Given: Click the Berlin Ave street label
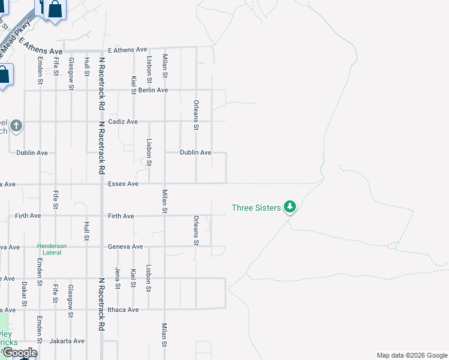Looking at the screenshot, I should click(x=153, y=90).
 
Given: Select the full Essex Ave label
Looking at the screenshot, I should click(x=123, y=184).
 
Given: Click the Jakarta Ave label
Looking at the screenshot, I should click(x=67, y=341).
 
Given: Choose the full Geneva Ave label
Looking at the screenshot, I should click(x=125, y=247).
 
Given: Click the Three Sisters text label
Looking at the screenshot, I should click(x=256, y=208).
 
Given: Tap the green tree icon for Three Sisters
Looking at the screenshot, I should click(x=291, y=207).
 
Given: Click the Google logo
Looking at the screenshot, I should click(x=20, y=352).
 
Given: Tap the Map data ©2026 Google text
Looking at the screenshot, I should click(x=411, y=355).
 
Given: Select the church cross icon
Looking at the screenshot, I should click(x=17, y=126).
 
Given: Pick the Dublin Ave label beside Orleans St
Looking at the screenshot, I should click(x=196, y=153).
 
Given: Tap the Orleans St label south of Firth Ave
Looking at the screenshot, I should click(x=196, y=230).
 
